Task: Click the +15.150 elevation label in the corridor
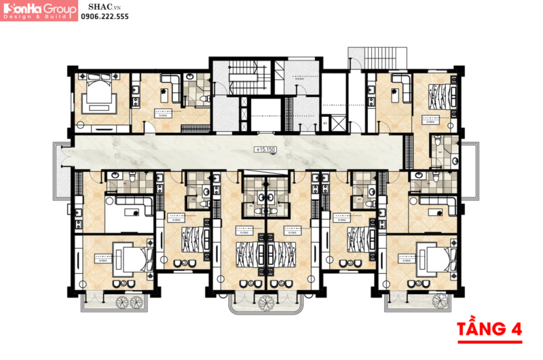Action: pos(265,148)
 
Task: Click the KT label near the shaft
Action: pos(326,124)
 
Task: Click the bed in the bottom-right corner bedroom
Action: pos(434,259)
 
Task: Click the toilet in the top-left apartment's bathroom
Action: pos(203,100)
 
